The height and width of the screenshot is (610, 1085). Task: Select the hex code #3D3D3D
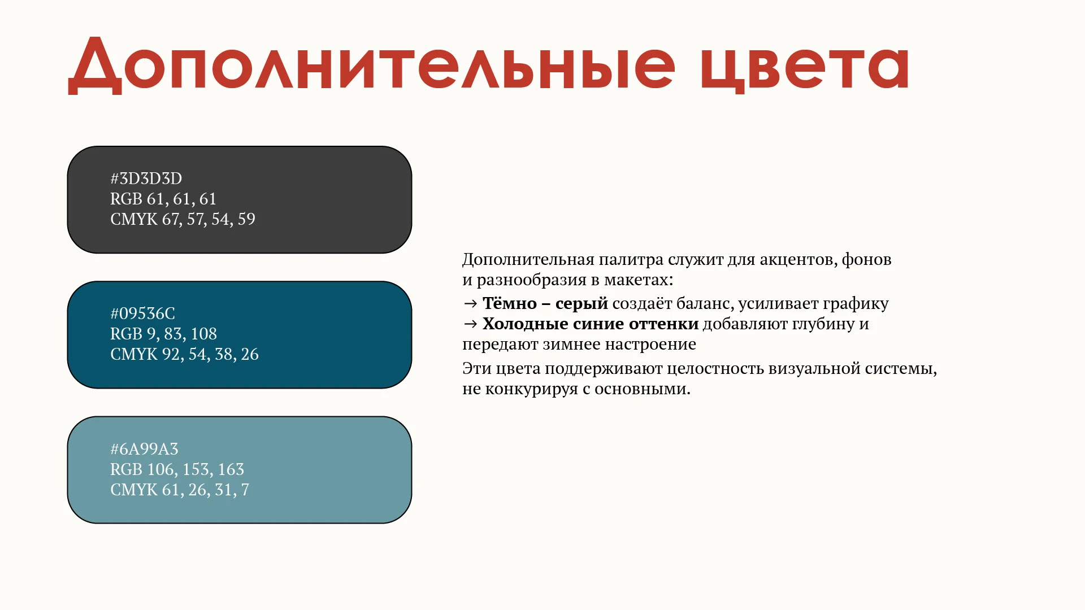click(146, 178)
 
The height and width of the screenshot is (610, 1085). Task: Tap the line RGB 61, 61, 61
click(163, 199)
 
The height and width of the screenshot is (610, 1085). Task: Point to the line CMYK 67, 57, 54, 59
click(183, 219)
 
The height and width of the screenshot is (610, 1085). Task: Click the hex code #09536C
click(143, 313)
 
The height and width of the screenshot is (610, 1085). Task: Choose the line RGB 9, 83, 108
click(163, 334)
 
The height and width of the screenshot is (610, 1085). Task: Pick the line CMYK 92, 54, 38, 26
click(184, 354)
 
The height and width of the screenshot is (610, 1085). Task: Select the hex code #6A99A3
click(144, 449)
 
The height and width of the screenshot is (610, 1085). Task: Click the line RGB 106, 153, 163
click(177, 469)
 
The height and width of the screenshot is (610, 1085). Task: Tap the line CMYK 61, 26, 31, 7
click(180, 490)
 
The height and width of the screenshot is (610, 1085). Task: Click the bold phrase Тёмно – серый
click(545, 303)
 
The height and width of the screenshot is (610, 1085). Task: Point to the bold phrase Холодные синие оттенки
click(591, 324)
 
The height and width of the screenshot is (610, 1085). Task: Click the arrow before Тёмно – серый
click(470, 304)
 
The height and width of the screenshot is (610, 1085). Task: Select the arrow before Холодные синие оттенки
click(470, 324)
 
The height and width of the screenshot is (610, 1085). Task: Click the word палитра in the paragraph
click(631, 260)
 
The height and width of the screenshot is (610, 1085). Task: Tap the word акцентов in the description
click(797, 260)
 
